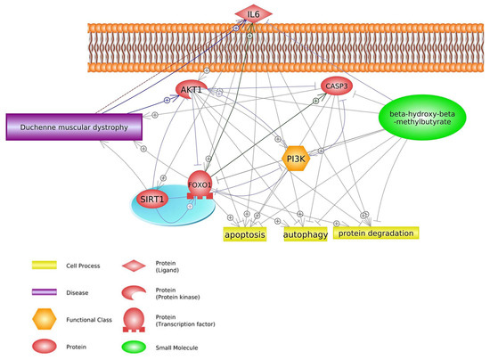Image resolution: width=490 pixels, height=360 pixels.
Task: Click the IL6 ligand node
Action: (253, 13)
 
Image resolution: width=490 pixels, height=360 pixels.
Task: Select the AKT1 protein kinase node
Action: (190, 91)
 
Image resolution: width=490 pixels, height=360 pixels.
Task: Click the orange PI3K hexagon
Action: (296, 159)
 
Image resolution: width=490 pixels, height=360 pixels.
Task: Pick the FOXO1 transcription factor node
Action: (200, 185)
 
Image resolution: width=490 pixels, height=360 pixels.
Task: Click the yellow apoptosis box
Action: (244, 234)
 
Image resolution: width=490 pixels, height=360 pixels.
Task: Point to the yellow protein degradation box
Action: (375, 233)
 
